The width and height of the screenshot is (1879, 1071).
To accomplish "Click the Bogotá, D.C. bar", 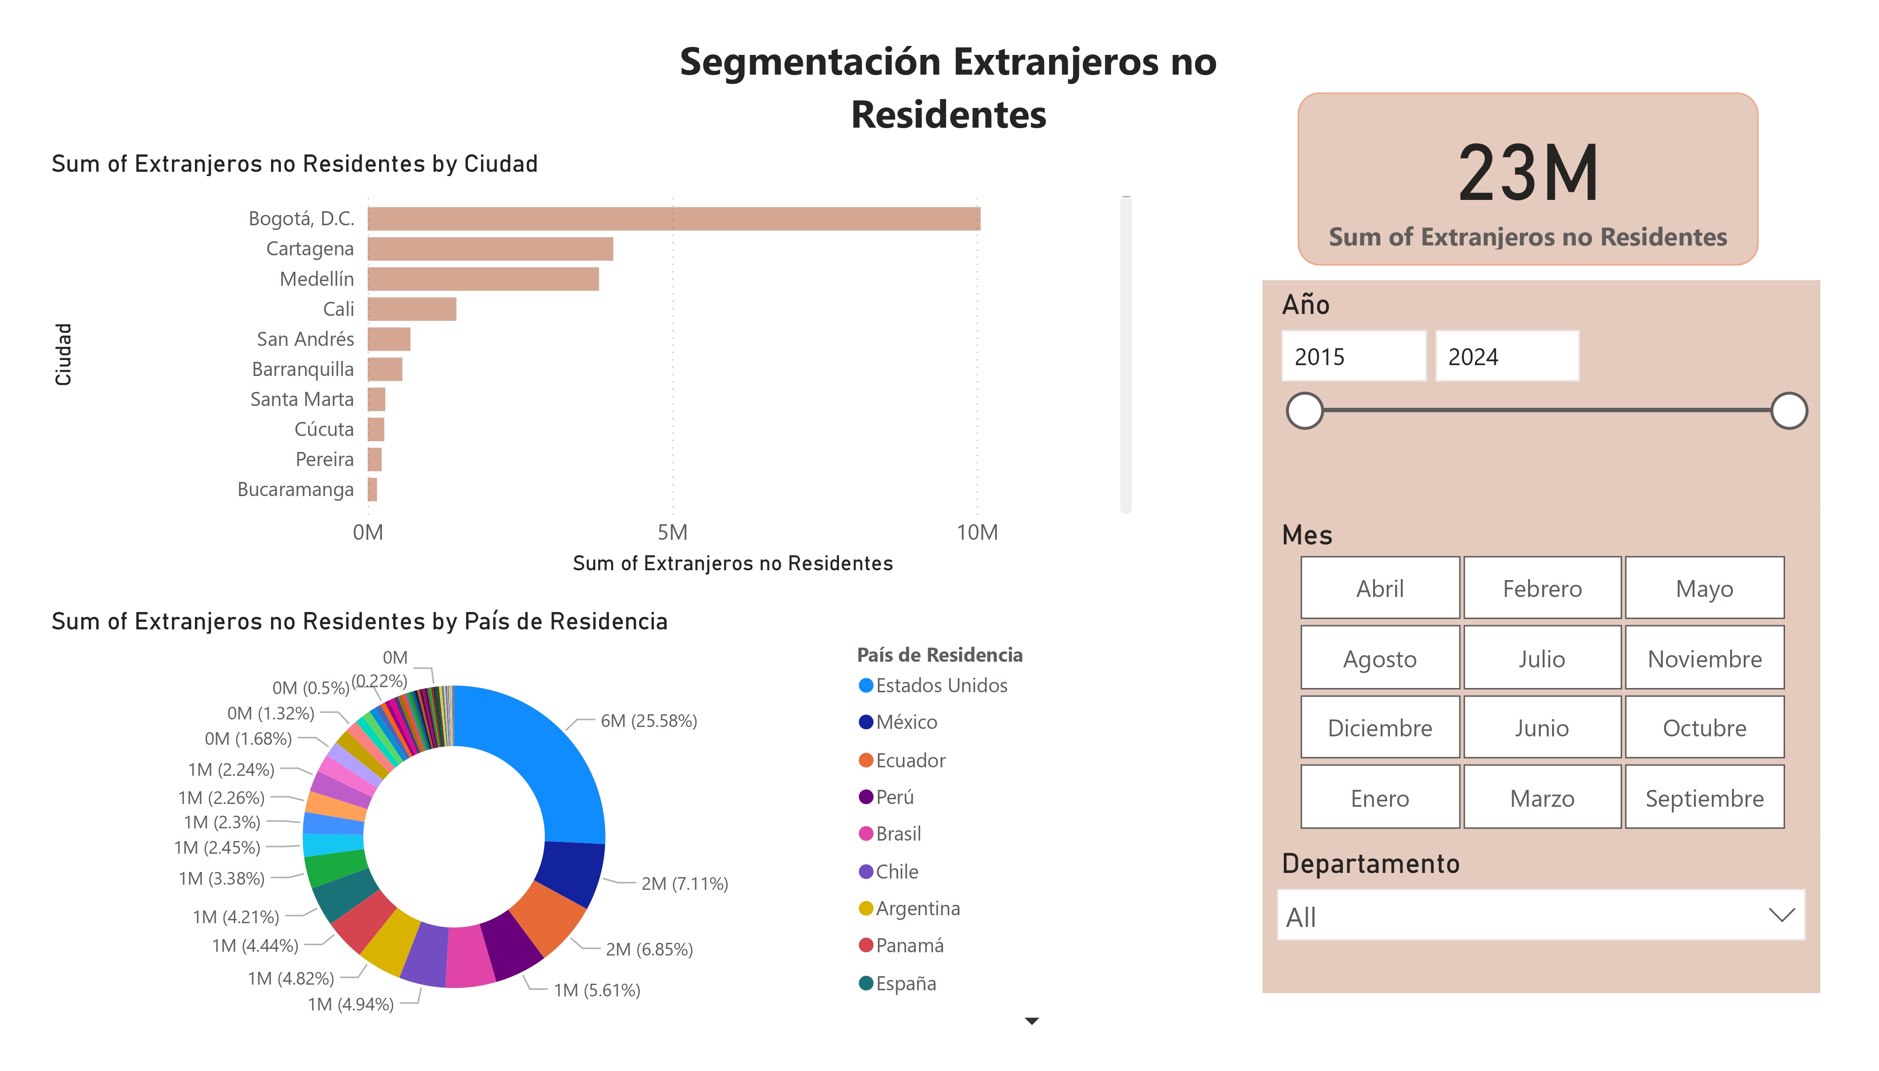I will [x=674, y=218].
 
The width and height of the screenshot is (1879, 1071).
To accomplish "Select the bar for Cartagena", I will [x=490, y=249].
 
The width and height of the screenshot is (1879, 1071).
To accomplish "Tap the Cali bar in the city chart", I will [x=412, y=309].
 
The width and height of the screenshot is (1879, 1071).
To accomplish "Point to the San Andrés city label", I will [x=305, y=339].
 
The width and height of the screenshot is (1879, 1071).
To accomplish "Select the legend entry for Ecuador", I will [x=910, y=761].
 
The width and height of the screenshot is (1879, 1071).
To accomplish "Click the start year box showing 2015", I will [x=1353, y=357].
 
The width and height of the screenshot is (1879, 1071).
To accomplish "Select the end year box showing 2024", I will [x=1506, y=357].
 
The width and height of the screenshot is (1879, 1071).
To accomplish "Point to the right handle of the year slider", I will [x=1788, y=411].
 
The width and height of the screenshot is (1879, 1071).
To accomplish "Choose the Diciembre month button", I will [x=1379, y=728].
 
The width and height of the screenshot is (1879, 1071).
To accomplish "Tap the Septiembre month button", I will [x=1704, y=798].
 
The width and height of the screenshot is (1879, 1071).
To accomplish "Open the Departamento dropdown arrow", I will [x=1781, y=915].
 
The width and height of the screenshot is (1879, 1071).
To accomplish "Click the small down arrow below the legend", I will [x=1031, y=1021].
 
